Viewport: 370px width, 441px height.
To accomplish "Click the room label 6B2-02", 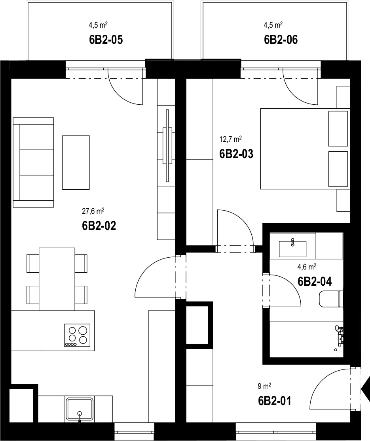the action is (x=99, y=226).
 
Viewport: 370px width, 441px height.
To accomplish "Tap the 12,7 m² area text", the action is (x=231, y=139).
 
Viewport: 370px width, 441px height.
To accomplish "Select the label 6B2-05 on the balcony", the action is (x=106, y=40).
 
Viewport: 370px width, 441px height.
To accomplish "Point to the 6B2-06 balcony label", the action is (x=281, y=40).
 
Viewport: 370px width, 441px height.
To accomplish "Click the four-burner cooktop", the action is (x=77, y=335).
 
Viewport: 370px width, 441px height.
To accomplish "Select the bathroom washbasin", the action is (x=292, y=249).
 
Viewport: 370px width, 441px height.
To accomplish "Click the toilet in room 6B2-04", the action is (x=332, y=299).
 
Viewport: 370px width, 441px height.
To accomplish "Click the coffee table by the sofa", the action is (x=76, y=162).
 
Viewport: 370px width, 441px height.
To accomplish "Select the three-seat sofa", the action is (x=33, y=162).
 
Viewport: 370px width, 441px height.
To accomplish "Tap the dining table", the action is (x=57, y=279).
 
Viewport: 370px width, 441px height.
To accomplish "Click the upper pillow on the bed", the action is (x=338, y=128).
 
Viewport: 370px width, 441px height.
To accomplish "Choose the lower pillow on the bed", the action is (x=338, y=169).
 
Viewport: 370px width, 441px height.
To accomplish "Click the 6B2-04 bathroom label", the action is (x=315, y=281).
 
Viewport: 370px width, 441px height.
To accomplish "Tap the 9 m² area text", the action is (x=264, y=386).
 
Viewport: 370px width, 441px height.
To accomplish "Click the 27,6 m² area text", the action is (x=93, y=211).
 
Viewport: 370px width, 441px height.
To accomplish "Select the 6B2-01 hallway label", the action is (x=275, y=401).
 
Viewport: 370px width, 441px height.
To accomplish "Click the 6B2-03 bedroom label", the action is (x=236, y=154).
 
